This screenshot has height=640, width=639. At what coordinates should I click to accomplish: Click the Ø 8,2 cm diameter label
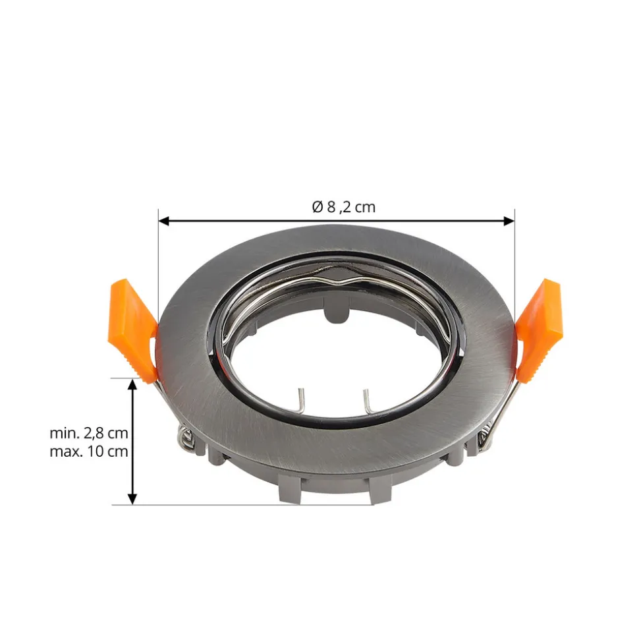[344, 207]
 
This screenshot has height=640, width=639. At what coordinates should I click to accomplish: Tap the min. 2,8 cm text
[89, 433]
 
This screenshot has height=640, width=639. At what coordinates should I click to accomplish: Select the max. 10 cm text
[89, 451]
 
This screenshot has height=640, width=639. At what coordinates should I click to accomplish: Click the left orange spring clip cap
[134, 329]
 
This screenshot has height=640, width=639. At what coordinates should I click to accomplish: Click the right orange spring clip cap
[539, 329]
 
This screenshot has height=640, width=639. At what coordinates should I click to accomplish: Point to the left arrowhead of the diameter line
[163, 221]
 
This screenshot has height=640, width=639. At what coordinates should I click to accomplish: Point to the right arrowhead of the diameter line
[509, 221]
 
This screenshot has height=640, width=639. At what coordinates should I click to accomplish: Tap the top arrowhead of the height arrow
[132, 384]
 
